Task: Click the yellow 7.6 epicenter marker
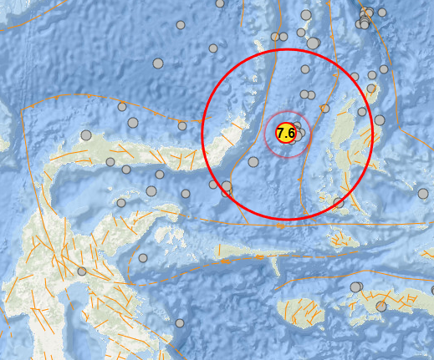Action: pyautogui.click(x=286, y=133)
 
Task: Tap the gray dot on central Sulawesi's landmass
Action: pyautogui.click(x=82, y=271)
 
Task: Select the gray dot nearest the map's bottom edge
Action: pyautogui.click(x=180, y=323)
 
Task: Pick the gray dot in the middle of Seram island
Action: pyautogui.click(x=381, y=307)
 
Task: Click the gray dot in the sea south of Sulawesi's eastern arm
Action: pyautogui.click(x=143, y=258)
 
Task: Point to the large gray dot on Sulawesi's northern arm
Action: pyautogui.click(x=86, y=135)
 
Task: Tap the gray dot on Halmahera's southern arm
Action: pyautogui.click(x=339, y=202)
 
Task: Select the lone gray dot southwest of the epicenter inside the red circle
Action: pyautogui.click(x=253, y=162)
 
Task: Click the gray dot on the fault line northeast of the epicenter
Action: pyautogui.click(x=325, y=109)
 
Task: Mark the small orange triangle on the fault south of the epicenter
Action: pyautogui.click(x=299, y=179)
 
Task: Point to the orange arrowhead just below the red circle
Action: pyautogui.click(x=282, y=226)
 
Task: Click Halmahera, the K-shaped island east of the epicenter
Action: pyautogui.click(x=351, y=142)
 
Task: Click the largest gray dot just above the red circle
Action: pyautogui.click(x=313, y=43)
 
